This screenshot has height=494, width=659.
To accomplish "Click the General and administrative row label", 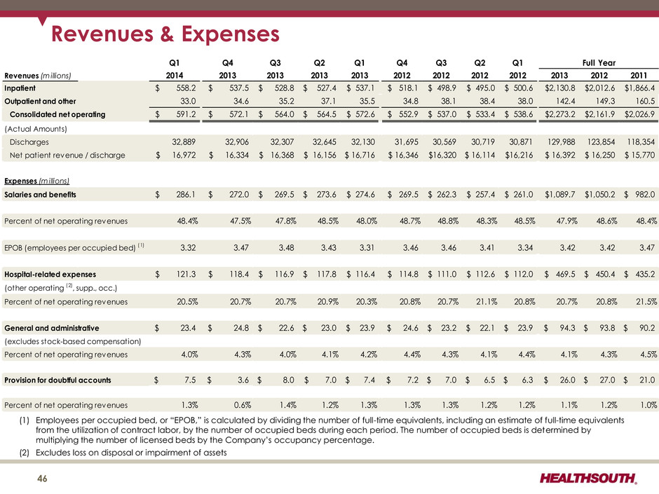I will click(51, 328).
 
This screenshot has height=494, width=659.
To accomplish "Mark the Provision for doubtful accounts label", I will click(58, 380).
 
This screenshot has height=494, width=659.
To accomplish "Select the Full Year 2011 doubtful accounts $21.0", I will click(643, 380).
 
